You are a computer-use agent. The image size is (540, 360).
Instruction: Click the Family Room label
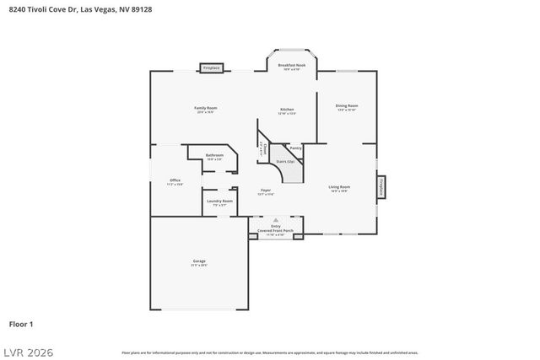point(206,108)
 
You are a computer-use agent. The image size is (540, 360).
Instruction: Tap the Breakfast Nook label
point(292,65)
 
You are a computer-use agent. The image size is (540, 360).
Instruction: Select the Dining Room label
point(347,106)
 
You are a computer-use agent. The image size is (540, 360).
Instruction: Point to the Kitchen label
point(288,110)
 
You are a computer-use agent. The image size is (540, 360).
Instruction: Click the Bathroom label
point(214,155)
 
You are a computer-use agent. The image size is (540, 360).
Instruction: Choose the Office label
point(175,180)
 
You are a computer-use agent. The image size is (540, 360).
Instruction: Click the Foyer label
point(265,191)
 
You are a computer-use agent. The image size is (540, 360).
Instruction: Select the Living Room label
point(339,187)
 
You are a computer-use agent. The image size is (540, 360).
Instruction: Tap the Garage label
point(199,261)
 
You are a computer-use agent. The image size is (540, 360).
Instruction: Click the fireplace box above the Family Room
point(211,67)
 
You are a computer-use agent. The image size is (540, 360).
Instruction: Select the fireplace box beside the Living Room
point(382,187)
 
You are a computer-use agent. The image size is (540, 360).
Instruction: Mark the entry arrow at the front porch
point(275,220)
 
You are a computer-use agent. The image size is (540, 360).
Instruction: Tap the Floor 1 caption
point(21,324)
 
